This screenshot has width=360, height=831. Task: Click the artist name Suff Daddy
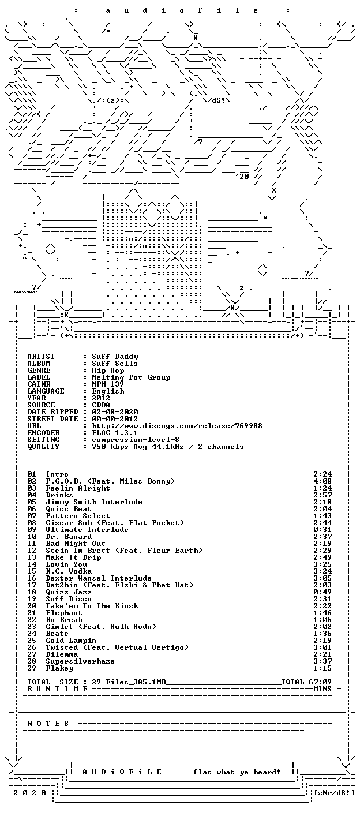coord(115,357)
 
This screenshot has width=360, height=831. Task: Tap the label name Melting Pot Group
coord(131,377)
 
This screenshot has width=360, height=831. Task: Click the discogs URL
coord(177,426)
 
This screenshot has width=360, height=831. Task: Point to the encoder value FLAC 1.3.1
coord(115,433)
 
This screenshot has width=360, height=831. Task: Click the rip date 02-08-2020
coord(115,412)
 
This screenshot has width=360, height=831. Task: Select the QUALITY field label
coord(43,447)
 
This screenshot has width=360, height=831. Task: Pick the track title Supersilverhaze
coord(80,661)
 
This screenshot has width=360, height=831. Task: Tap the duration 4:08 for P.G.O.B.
coord(322,481)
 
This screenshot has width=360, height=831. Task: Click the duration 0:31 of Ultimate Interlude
coord(322,530)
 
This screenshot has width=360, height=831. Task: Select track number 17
coord(32,585)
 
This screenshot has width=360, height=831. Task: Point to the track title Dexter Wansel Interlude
coord(99,578)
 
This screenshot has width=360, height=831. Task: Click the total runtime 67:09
coord(322,682)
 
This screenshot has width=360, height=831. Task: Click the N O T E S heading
coord(48,724)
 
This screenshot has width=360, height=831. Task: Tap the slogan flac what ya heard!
coord(237,772)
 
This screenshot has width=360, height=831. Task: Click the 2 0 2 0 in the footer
coord(29,793)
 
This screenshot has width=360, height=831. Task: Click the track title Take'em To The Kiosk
coord(92,606)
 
